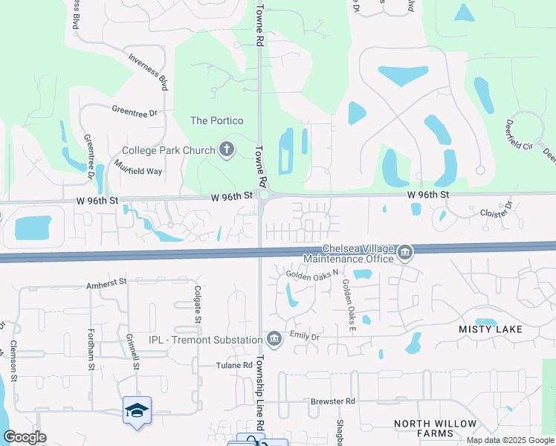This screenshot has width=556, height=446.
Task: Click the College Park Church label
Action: (x=167, y=151)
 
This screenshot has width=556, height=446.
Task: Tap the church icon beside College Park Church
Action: (x=227, y=151)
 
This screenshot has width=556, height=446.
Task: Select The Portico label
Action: (x=217, y=120)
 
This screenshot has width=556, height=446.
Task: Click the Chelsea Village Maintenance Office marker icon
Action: (x=405, y=253)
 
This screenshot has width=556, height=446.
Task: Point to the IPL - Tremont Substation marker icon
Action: (x=274, y=340)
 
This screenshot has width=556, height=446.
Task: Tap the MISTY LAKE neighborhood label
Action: (x=491, y=329)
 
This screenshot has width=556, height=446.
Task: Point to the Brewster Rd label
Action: (x=334, y=401)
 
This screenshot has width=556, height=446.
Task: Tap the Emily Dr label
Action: (x=304, y=337)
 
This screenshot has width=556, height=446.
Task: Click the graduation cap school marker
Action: (x=138, y=410)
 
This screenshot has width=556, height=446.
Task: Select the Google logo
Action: (x=25, y=437)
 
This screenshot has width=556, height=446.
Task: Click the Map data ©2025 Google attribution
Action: (x=509, y=440)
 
